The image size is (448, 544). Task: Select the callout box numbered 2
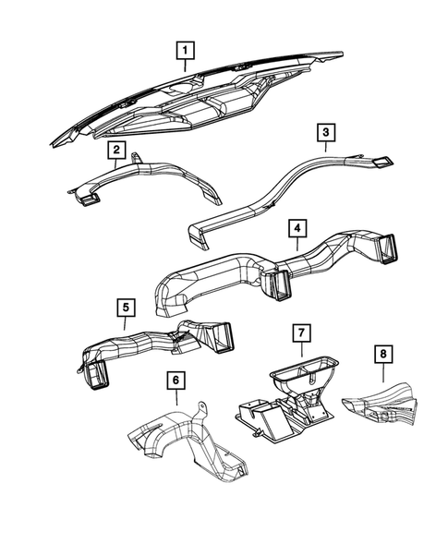click(115, 149)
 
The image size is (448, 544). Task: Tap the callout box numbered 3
click(326, 135)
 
